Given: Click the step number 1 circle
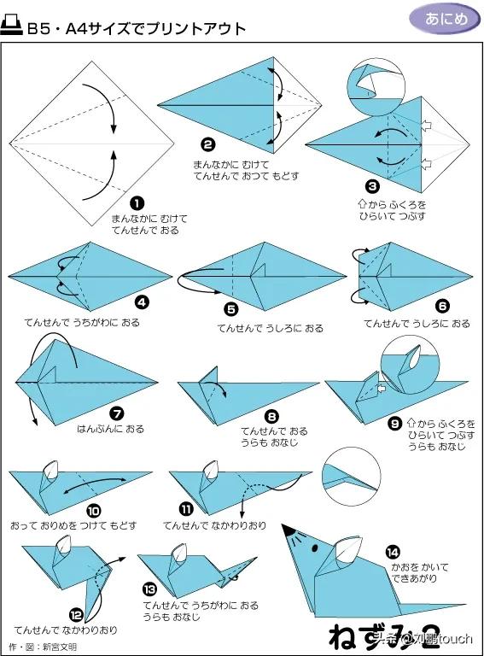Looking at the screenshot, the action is click(x=137, y=204).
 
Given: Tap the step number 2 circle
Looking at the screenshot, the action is click(x=208, y=145).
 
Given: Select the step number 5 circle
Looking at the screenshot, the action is click(x=230, y=309).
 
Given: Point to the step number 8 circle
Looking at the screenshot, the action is click(x=271, y=416).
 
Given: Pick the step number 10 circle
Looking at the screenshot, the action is click(x=94, y=511).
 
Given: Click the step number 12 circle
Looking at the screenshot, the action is click(x=77, y=615).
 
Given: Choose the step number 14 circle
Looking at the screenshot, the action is click(x=393, y=553).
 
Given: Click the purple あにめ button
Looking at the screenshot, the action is click(x=445, y=19).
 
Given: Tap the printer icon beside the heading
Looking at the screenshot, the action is click(x=11, y=26).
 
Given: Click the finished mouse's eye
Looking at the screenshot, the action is click(x=315, y=547).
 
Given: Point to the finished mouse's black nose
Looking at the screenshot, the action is click(x=288, y=530).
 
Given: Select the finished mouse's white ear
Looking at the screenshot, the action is click(x=347, y=548).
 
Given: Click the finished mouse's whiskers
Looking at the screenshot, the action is click(x=296, y=539).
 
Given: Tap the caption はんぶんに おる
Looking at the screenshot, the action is click(x=110, y=429).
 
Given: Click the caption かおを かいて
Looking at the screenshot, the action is click(x=420, y=567).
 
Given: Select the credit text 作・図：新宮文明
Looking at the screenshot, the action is click(x=43, y=647).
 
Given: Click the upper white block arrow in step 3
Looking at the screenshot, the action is click(x=426, y=125).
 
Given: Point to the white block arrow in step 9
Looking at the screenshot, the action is click(x=382, y=389).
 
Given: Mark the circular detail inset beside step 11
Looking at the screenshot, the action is click(x=352, y=476).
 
